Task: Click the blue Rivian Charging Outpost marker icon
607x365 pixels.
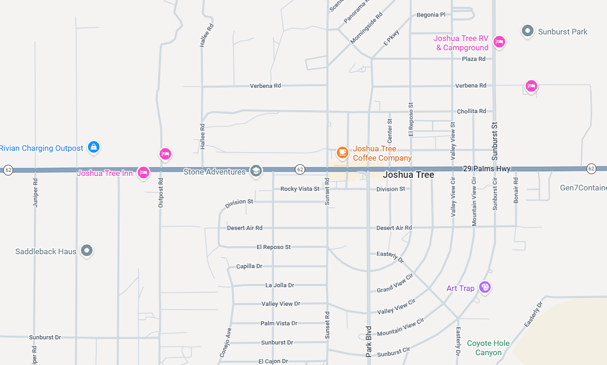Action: coord(93,147)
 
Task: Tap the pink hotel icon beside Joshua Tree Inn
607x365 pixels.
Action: coord(144,173)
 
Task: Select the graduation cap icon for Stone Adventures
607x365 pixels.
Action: coord(255,171)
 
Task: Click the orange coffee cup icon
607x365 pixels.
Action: coord(342,152)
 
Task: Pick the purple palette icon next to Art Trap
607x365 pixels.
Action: coord(485,287)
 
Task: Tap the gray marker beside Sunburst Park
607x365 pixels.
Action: coord(527,31)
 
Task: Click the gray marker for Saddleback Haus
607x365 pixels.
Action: coord(87,250)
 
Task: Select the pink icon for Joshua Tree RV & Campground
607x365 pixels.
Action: coord(499,42)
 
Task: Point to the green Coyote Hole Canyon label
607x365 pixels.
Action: coord(488,348)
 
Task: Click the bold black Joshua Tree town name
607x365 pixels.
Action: coord(408,175)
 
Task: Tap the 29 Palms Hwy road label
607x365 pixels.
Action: coord(487,169)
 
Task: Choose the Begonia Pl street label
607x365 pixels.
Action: coord(431,15)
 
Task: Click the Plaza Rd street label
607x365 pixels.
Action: coord(474,59)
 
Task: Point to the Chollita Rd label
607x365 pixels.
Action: coord(471,111)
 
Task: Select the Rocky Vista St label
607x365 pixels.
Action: coord(300,189)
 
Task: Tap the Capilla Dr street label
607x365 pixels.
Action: coord(249,266)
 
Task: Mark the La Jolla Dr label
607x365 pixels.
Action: coord(280,285)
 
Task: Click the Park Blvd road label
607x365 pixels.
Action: coord(369,341)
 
